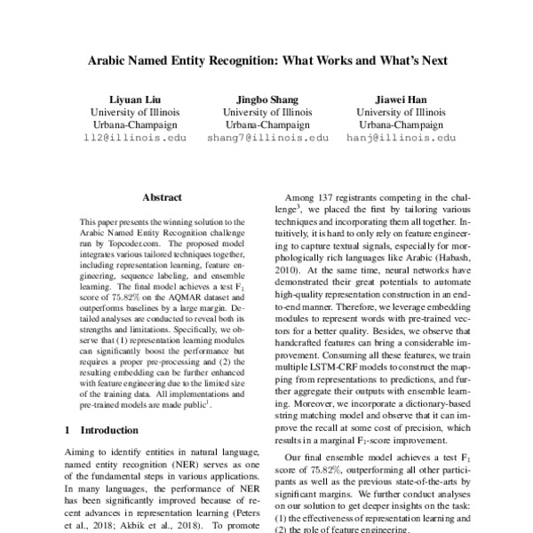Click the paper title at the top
click(x=266, y=64)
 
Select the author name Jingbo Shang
click(x=266, y=99)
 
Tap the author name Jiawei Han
click(x=400, y=99)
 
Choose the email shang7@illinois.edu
click(x=266, y=139)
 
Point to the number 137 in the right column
click(x=335, y=197)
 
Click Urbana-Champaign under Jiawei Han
click(x=400, y=125)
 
